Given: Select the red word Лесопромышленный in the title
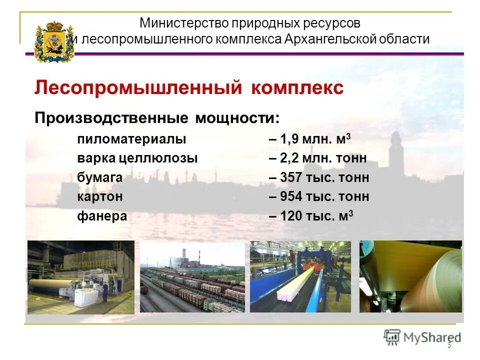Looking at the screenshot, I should (x=135, y=88).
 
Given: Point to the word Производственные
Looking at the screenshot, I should (x=111, y=118).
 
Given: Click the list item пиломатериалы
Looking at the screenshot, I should (x=131, y=139).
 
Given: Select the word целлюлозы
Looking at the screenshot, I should (x=165, y=158).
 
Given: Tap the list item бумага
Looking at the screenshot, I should (x=100, y=178).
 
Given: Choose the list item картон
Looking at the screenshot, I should (x=100, y=197).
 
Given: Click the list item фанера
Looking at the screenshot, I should (x=102, y=216).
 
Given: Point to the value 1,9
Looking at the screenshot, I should (x=289, y=139).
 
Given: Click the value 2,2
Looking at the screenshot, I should (x=289, y=158).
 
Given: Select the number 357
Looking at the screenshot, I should (x=291, y=178).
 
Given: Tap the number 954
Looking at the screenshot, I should (x=291, y=197).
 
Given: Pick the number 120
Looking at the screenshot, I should (x=291, y=216).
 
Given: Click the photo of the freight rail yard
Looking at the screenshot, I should (x=192, y=277).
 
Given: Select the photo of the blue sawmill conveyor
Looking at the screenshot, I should (x=300, y=276).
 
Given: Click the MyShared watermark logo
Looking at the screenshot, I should (x=422, y=337).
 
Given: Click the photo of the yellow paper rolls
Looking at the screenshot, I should (x=410, y=276).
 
